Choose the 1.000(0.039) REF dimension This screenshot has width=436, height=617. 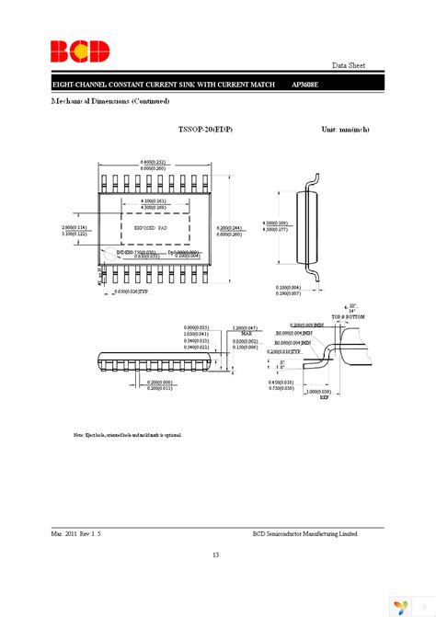[x=342, y=393]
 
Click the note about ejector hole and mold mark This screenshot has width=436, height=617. [x=128, y=433]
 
